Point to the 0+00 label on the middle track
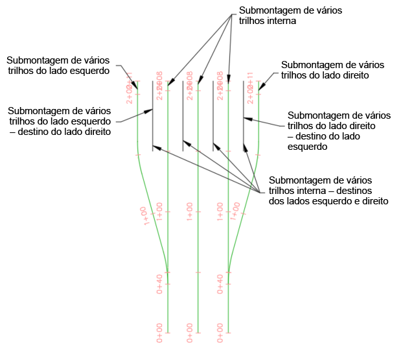(190, 332)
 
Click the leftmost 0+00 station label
(159, 332)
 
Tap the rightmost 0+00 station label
(220, 332)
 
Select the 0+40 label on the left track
(159, 283)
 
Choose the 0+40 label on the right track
(220, 283)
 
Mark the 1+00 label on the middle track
(190, 212)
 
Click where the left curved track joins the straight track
(167, 272)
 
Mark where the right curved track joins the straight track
(228, 272)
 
